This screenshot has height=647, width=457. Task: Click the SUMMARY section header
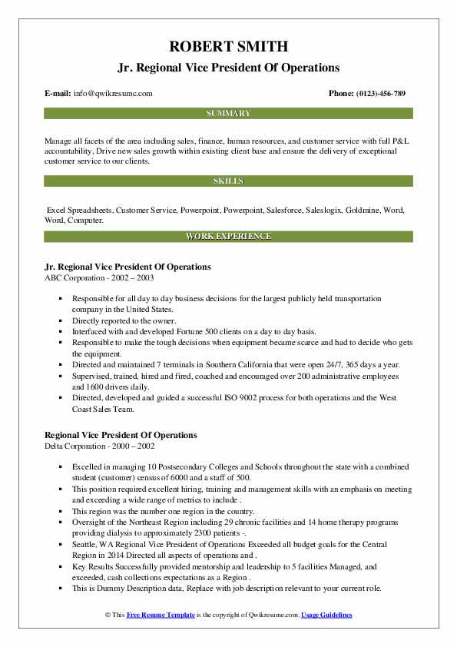(228, 114)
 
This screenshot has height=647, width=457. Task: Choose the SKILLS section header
(228, 181)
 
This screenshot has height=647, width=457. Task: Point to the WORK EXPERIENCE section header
(228, 236)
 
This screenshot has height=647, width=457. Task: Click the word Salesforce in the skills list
(286, 209)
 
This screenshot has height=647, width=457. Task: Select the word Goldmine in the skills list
(362, 209)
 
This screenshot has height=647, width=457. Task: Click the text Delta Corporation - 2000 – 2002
(98, 446)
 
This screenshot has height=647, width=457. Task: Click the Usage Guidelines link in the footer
(326, 615)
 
